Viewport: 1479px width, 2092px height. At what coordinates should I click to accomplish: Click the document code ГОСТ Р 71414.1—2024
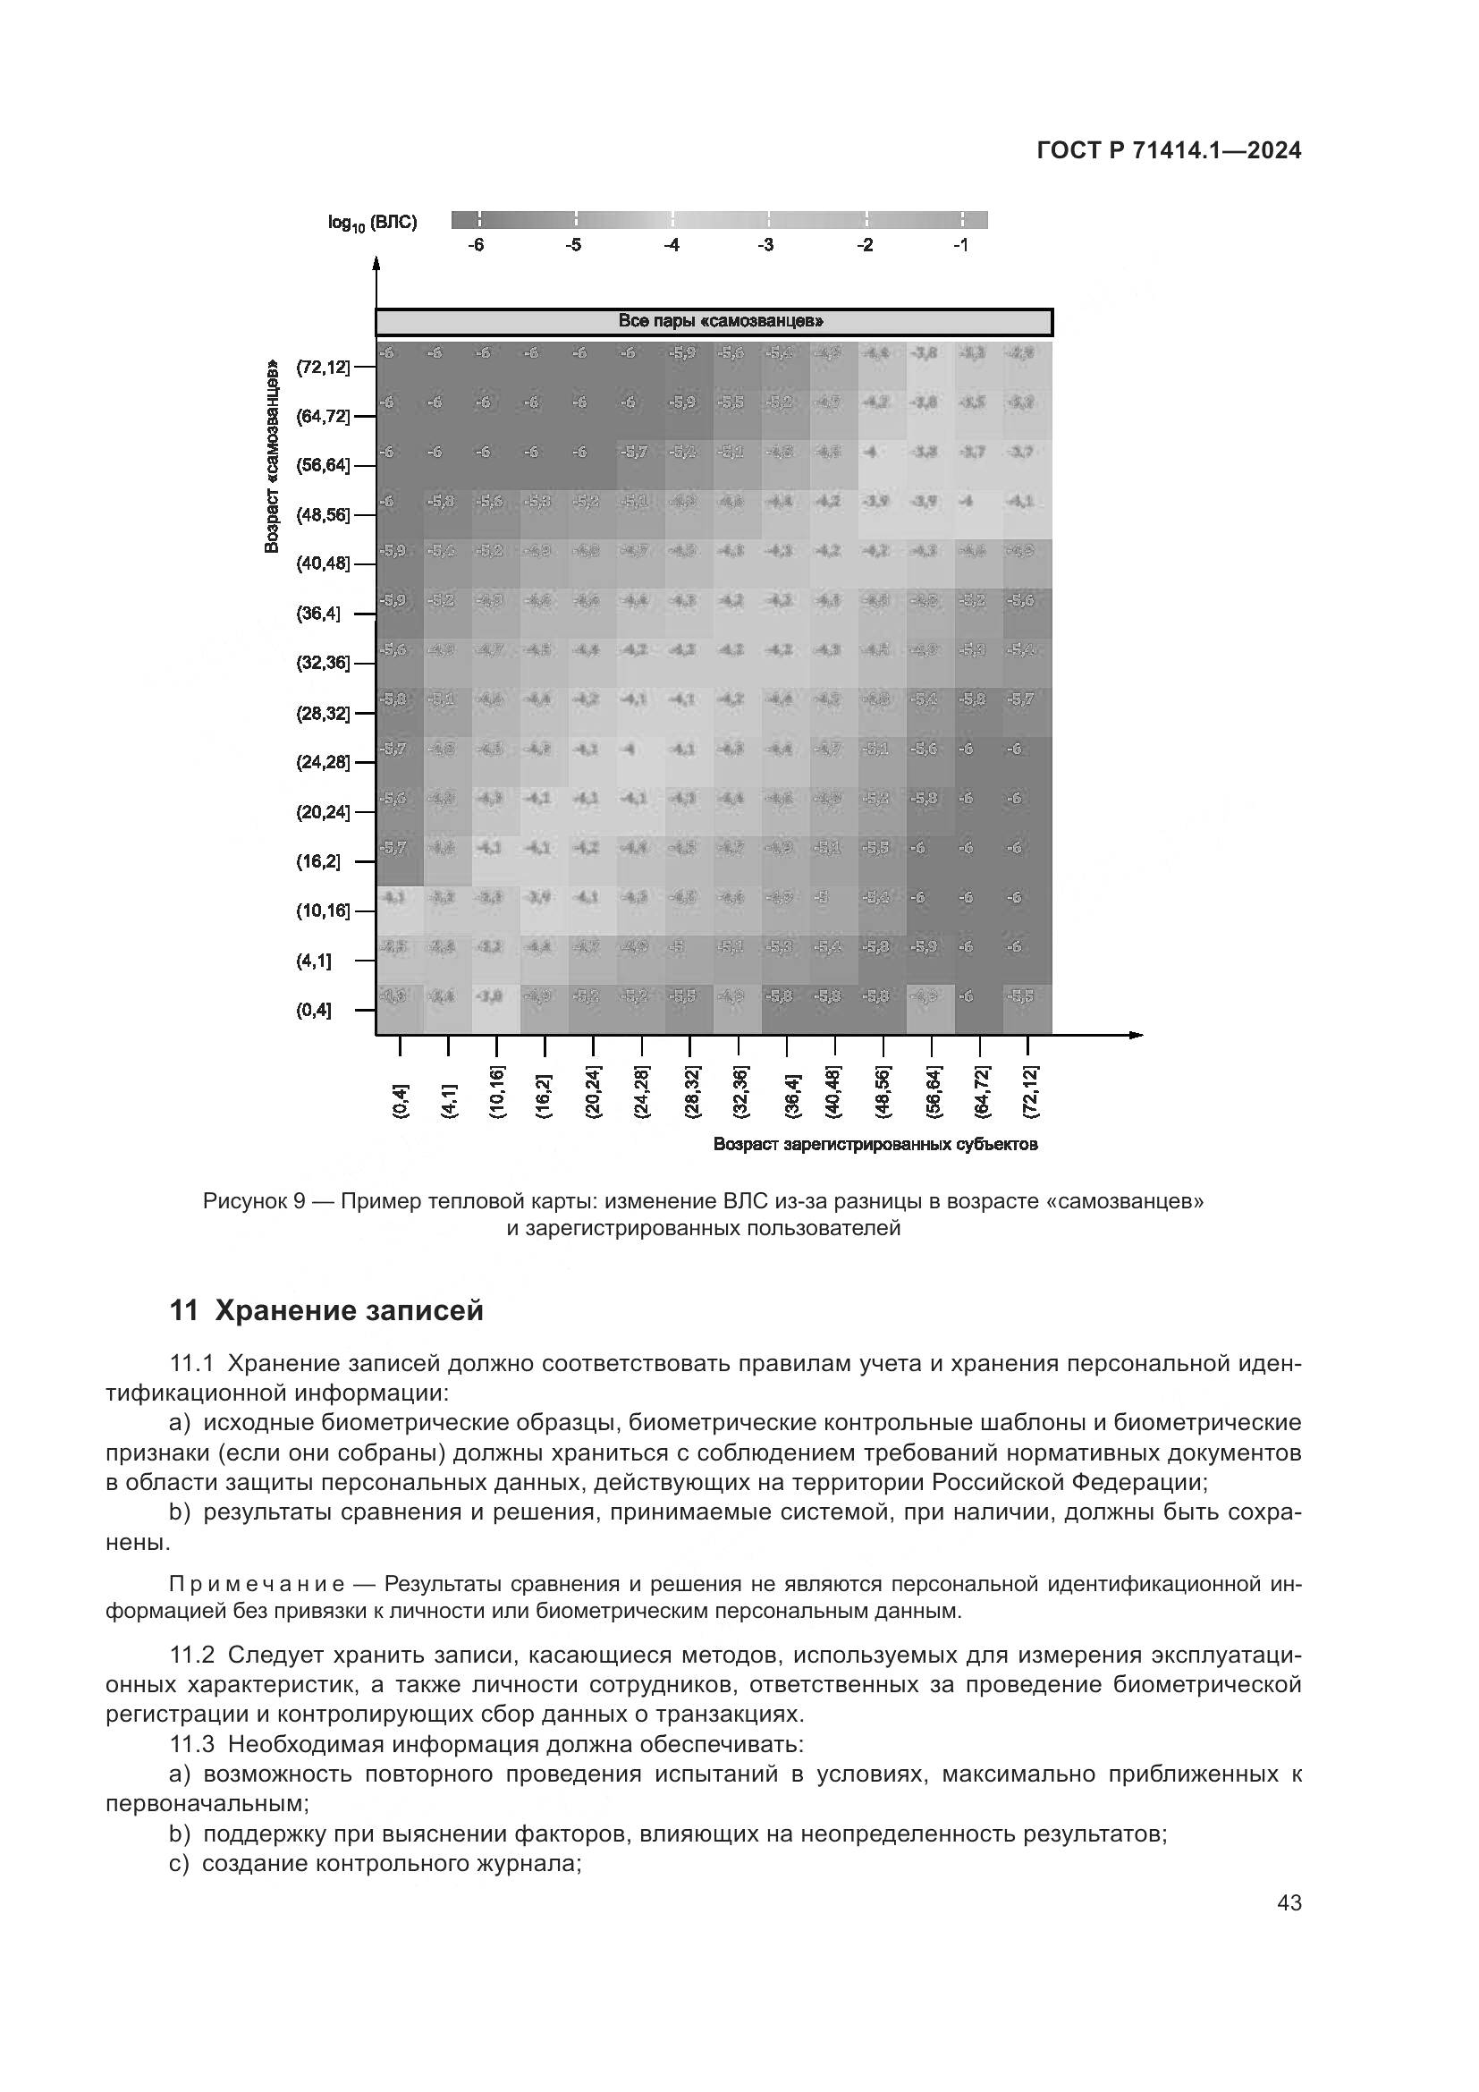[1170, 151]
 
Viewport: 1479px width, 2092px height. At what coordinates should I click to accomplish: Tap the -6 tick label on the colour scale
[476, 245]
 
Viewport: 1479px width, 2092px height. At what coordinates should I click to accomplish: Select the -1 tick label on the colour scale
[959, 245]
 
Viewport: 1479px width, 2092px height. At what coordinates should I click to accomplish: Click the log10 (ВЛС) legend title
[373, 224]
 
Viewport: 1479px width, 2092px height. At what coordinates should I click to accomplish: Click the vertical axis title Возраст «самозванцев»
[272, 456]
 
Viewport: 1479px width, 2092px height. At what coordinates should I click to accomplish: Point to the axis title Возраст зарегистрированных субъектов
[875, 1145]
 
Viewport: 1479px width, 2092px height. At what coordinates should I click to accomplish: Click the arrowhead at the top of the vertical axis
[376, 264]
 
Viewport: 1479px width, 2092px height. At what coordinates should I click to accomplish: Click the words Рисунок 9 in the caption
[253, 1201]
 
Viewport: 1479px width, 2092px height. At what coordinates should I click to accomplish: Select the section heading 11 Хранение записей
[327, 1311]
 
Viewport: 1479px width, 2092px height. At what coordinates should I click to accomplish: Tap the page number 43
[1289, 1902]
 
